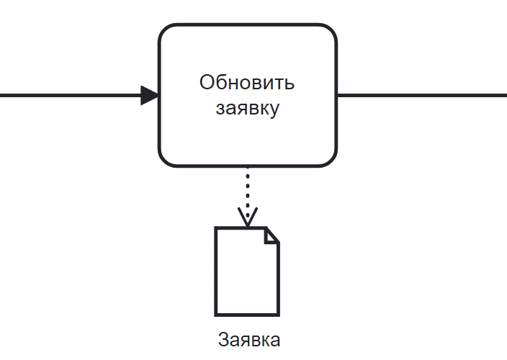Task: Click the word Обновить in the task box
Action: pyautogui.click(x=247, y=83)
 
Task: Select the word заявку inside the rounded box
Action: pyautogui.click(x=247, y=110)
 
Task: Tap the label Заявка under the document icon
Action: pyautogui.click(x=248, y=339)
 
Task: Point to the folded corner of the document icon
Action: pyautogui.click(x=272, y=235)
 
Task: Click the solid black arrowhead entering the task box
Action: pyautogui.click(x=150, y=95)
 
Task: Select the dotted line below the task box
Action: pyautogui.click(x=247, y=189)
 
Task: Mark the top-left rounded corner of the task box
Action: pyautogui.click(x=165, y=31)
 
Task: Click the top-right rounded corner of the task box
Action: pyautogui.click(x=331, y=31)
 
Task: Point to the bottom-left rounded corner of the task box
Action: pyautogui.click(x=165, y=160)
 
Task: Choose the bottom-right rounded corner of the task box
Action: pyautogui.click(x=331, y=160)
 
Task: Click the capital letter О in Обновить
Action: pyautogui.click(x=207, y=83)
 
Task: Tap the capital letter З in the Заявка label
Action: pyautogui.click(x=223, y=339)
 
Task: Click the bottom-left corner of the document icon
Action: pyautogui.click(x=216, y=314)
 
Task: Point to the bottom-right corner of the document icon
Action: pyautogui.click(x=278, y=314)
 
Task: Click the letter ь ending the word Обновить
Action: pyautogui.click(x=290, y=84)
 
